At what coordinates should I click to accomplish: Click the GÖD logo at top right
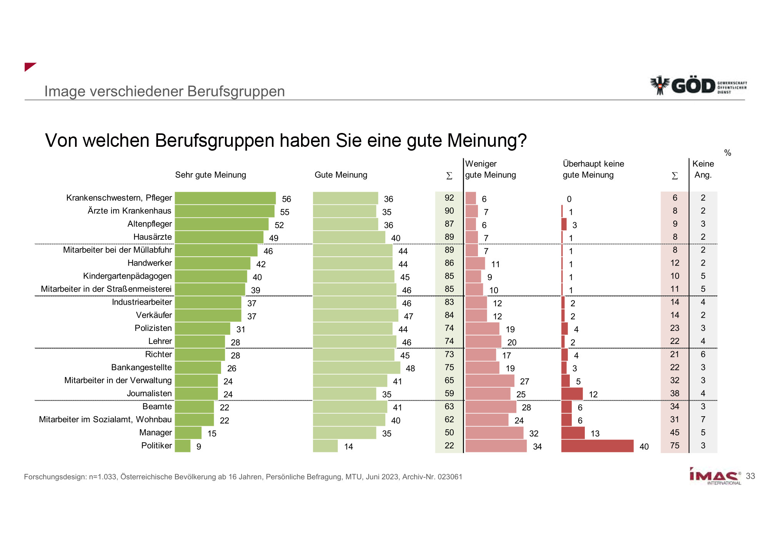(698, 85)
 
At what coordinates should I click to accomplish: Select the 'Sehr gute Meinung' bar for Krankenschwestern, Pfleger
(225, 198)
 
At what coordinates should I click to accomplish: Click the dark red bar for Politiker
(597, 446)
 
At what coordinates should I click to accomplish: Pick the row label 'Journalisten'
(149, 394)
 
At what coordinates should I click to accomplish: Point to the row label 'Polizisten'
(153, 328)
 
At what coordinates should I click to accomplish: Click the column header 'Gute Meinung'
(341, 175)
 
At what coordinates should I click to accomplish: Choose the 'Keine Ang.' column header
(703, 169)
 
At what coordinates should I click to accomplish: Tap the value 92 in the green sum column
(449, 198)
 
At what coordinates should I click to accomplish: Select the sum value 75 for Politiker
(674, 446)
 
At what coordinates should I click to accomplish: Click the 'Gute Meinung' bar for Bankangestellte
(356, 368)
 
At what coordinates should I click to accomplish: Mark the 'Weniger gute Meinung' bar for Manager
(494, 433)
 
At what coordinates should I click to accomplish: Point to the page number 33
(750, 476)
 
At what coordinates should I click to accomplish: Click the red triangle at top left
(29, 66)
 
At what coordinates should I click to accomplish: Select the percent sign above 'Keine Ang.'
(727, 153)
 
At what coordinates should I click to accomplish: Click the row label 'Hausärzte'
(152, 237)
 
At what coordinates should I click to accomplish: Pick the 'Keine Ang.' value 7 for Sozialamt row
(703, 420)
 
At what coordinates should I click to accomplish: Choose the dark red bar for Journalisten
(572, 394)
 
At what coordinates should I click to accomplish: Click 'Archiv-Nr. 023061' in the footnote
(432, 477)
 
